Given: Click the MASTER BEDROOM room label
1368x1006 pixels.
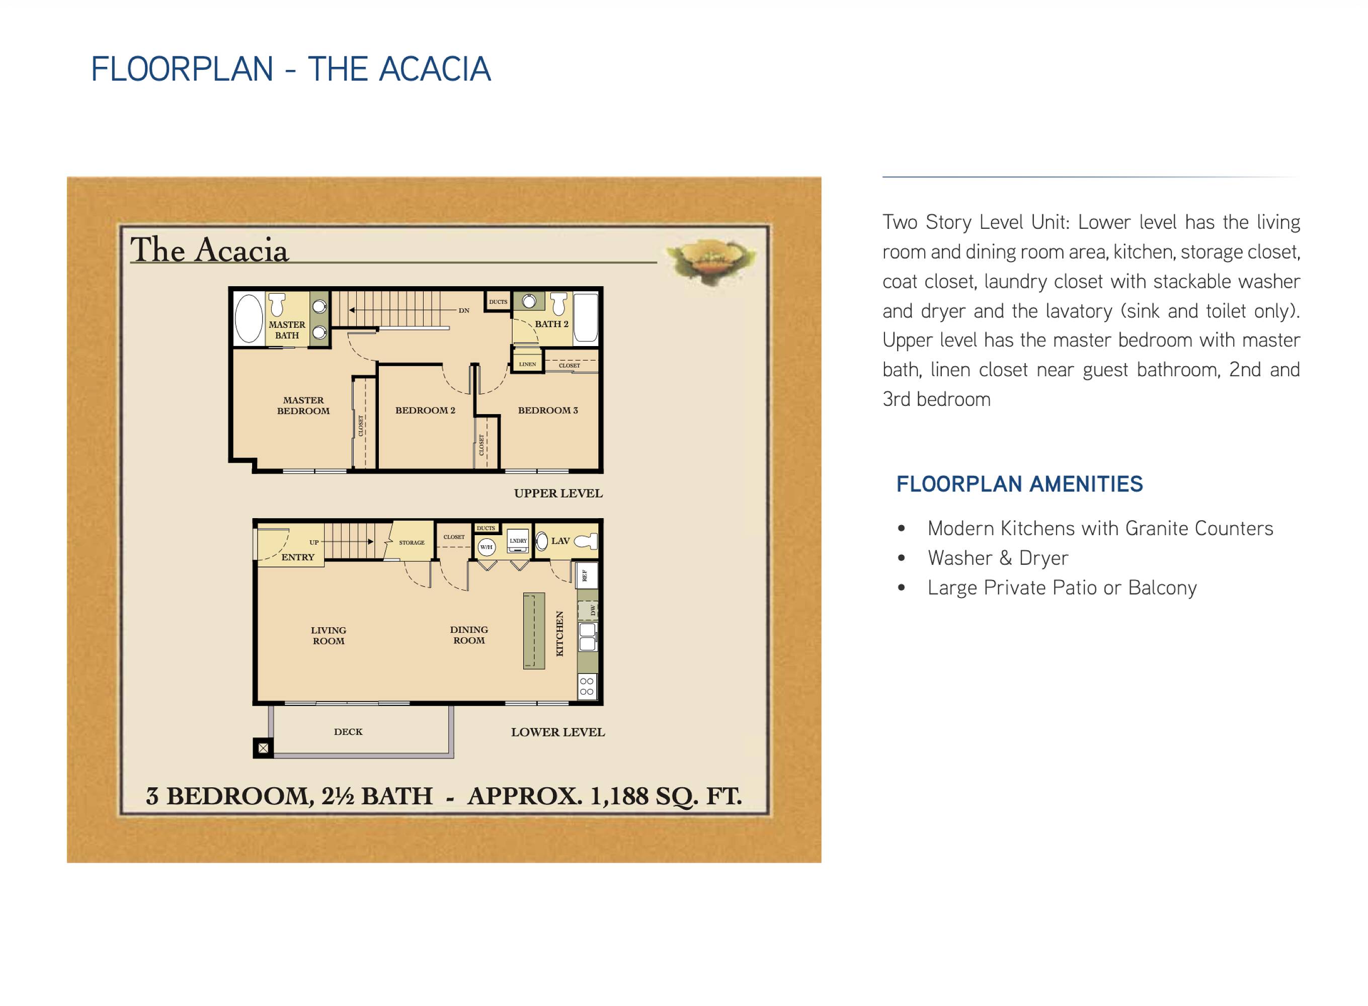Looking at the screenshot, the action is pos(303,405).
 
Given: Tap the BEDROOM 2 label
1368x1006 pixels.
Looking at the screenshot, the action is pos(425,410).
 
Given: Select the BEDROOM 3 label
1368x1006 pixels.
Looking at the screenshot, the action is pos(547,410).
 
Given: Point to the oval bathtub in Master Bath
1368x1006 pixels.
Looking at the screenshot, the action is pos(249,319).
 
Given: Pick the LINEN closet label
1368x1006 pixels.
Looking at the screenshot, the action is pos(527,364).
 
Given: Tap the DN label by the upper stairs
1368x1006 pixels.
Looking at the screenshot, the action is pos(464,310).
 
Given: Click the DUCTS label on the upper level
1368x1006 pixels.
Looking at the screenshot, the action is pos(498,302).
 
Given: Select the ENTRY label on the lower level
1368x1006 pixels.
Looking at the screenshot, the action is pos(298,557).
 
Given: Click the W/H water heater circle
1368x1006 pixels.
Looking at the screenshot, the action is pos(486,547).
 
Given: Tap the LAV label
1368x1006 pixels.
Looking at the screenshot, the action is pos(560,541).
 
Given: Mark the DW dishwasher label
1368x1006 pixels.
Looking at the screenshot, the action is pos(593,609).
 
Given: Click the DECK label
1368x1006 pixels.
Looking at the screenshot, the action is pos(348,732).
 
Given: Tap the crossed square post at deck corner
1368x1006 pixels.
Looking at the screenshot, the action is pos(263,748).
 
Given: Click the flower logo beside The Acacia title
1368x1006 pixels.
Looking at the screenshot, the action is pos(711,260).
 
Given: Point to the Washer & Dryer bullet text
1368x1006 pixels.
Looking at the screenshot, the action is pos(998,558).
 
